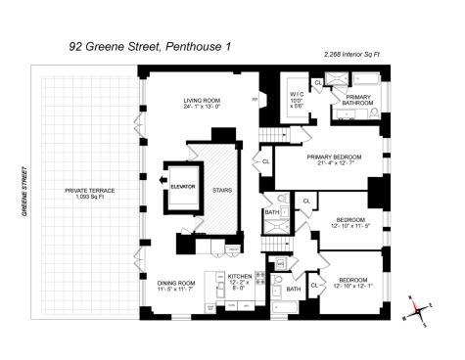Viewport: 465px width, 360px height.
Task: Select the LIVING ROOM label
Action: click(206, 102)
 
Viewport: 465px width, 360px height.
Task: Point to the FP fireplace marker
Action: click(255, 100)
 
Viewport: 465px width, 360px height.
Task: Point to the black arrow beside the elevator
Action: click(162, 180)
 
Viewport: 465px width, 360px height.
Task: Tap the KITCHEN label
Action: click(240, 277)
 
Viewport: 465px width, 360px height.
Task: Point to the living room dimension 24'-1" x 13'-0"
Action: click(206, 110)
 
